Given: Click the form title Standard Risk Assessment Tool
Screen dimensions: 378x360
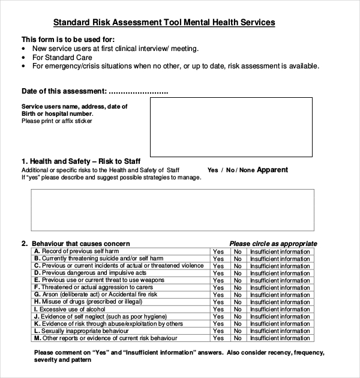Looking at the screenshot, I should pos(164,23).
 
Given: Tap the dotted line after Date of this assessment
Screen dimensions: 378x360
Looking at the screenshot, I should pos(139,92).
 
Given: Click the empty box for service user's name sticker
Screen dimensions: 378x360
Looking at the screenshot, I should pos(230,127).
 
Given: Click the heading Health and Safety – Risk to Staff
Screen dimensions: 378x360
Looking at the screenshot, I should pos(81,161).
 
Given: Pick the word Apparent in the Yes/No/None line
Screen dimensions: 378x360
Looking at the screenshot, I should pos(272,170).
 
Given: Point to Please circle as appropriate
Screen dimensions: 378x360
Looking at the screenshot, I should pos(273,244).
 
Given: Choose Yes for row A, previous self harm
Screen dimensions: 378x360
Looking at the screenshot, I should pos(218,251).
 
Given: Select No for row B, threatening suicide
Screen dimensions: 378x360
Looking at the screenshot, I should pos(238,259).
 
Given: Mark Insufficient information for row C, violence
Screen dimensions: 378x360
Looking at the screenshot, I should pos(280,266).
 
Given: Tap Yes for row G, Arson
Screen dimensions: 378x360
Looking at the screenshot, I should pos(218,295).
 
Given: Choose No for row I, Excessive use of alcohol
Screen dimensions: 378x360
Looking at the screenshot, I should pos(238,310).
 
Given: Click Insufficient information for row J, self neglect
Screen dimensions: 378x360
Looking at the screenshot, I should pos(280,317).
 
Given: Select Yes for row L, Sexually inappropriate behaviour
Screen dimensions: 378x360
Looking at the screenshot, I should pos(218,331).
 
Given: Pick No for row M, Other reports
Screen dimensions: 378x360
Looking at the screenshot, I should pos(238,338).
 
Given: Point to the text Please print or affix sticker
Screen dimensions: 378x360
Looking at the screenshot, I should pos(57,121).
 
